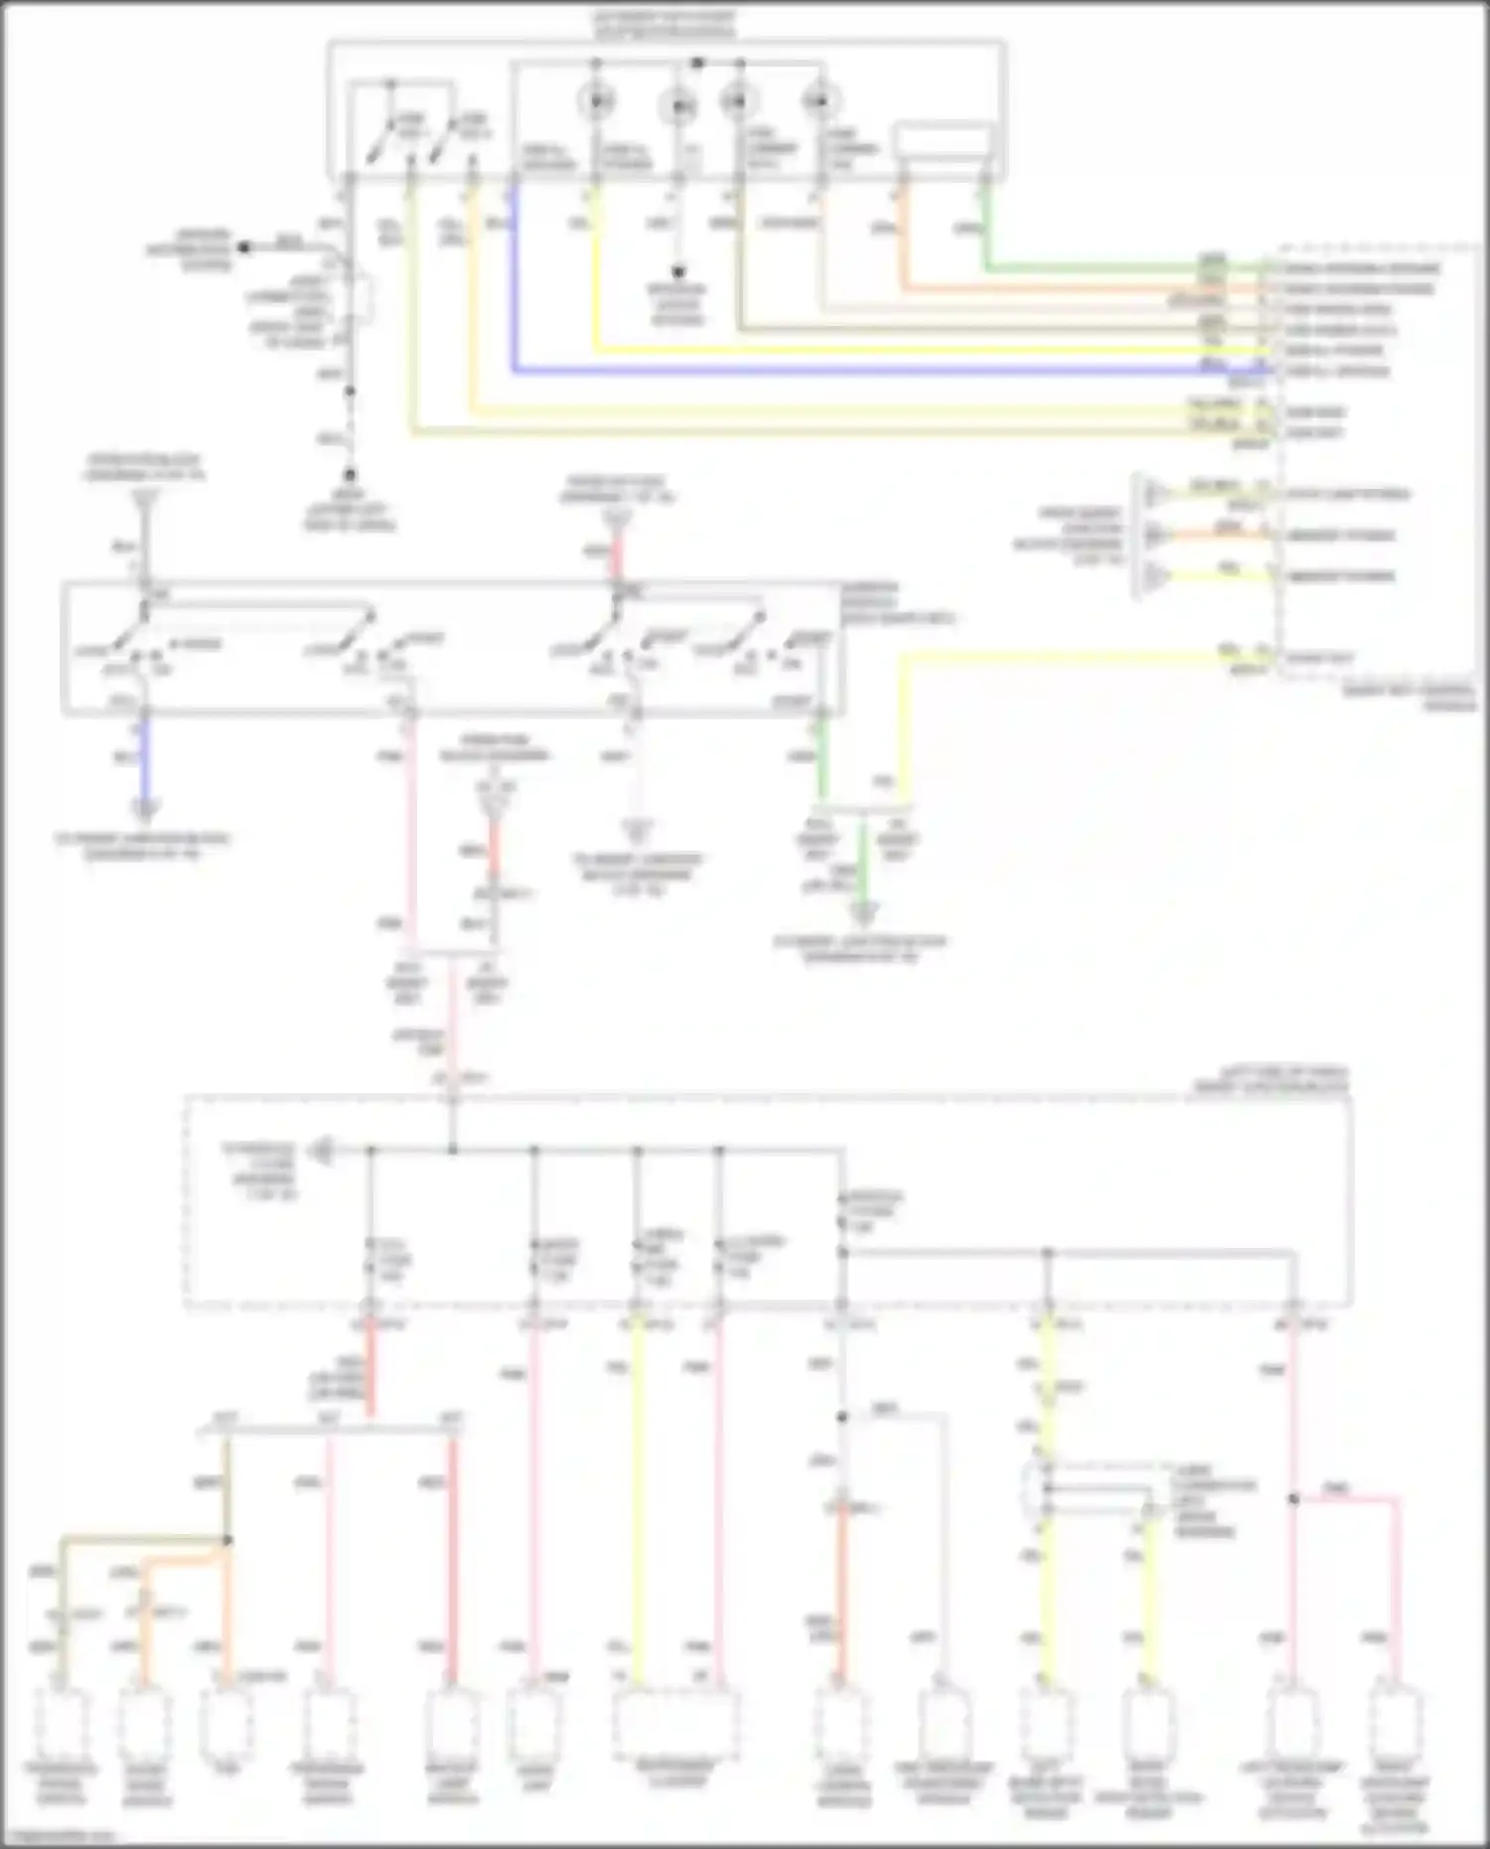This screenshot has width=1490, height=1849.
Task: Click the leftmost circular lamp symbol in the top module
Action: (597, 101)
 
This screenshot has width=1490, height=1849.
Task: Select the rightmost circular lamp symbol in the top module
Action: (819, 101)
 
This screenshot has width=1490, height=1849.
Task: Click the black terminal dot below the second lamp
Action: (678, 271)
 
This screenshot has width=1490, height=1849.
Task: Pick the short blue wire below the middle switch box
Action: (146, 760)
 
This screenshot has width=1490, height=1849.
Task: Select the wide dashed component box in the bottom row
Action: (676, 1722)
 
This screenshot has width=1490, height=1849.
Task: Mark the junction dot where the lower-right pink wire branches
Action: (1293, 1498)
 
